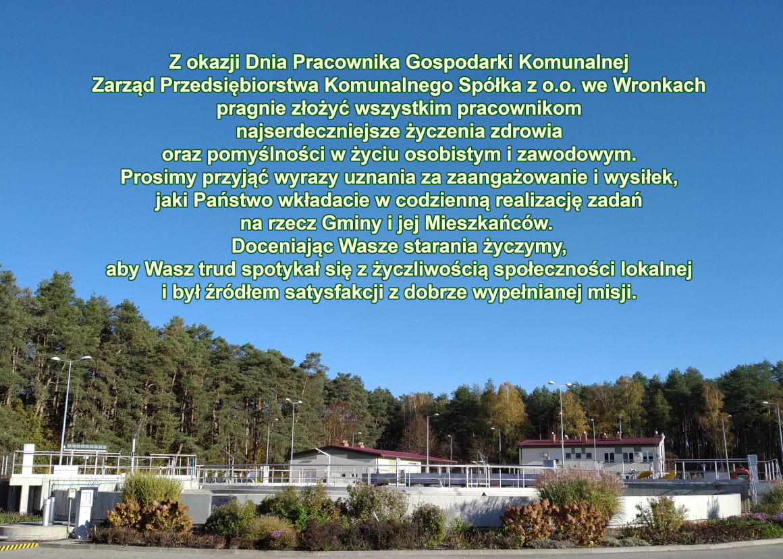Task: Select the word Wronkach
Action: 659,86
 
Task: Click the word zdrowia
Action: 529,132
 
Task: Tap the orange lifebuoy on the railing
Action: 741,473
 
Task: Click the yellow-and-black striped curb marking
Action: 18,545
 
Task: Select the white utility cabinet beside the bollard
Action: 85,512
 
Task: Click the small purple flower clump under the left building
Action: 277,534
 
